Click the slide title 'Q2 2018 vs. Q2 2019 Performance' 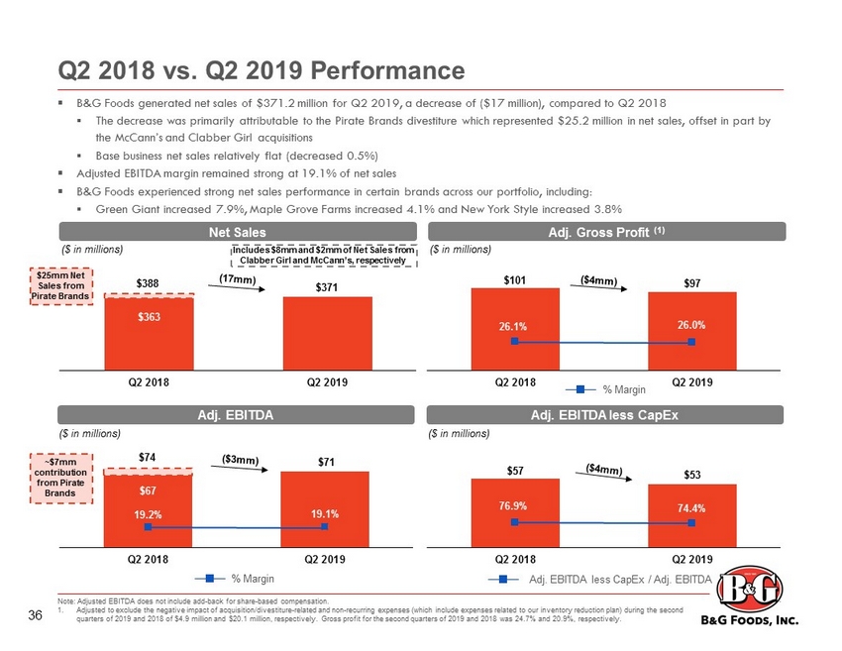tap(260, 71)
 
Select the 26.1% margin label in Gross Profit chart tap(513, 324)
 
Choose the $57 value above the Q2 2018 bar tap(514, 469)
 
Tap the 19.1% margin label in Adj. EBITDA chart tap(325, 513)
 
